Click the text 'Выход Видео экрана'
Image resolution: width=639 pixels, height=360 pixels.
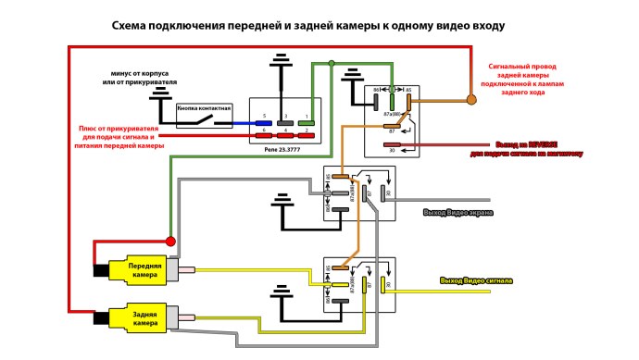click(x=457, y=213)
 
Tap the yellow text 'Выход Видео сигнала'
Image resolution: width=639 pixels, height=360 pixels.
click(x=475, y=279)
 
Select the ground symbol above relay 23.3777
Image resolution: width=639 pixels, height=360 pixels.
click(x=279, y=65)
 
